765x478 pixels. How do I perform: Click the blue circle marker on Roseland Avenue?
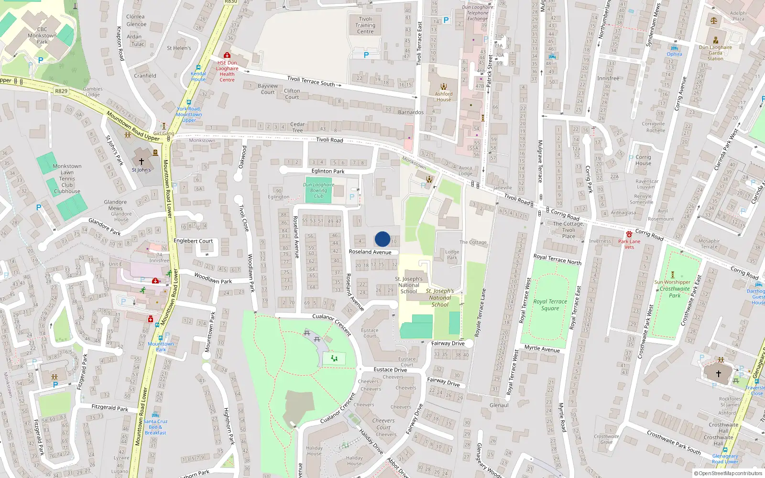[382, 239]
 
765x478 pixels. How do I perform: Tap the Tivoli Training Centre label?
[365, 25]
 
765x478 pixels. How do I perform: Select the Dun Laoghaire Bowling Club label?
[318, 190]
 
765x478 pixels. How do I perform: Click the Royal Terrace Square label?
[550, 305]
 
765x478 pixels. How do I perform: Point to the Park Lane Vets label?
[629, 244]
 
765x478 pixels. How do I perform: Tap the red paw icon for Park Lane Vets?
[629, 234]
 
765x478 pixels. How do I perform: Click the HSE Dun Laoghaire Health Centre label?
[227, 71]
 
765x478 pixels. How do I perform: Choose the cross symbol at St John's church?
[142, 162]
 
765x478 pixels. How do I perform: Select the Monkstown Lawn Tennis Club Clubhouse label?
[67, 179]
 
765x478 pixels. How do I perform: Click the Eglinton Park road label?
[328, 171]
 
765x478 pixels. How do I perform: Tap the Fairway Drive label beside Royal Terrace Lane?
[448, 343]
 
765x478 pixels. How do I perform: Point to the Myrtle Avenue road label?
[542, 349]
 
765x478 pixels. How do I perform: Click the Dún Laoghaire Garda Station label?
[715, 53]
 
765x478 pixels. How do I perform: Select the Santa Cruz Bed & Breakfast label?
[155, 427]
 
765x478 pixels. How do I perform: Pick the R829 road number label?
[61, 91]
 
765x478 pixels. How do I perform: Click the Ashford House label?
[444, 97]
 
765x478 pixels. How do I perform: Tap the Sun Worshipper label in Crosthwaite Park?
[672, 282]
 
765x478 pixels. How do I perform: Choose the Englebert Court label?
[193, 241]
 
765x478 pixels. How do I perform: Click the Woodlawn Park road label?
[213, 278]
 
